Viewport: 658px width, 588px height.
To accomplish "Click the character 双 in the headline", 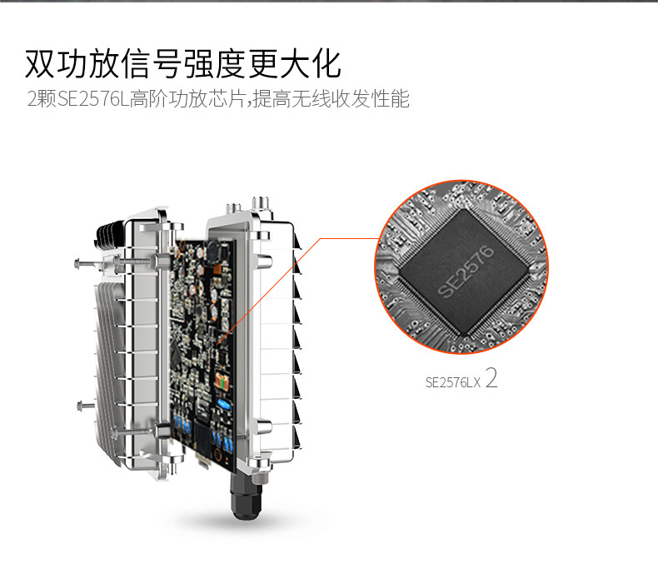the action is click(40, 64).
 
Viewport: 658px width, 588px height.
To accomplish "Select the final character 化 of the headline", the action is click(326, 64).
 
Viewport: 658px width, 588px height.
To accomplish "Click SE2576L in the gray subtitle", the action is click(93, 99).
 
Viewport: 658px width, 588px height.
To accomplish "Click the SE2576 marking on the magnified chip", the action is click(466, 272).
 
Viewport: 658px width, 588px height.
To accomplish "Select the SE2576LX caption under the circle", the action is click(453, 382).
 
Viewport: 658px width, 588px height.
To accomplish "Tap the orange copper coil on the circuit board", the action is click(222, 381).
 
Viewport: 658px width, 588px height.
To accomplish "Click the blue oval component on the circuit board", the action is click(224, 404).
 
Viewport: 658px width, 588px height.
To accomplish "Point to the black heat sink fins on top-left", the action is click(110, 234).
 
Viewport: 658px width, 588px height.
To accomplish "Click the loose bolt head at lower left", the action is click(80, 406).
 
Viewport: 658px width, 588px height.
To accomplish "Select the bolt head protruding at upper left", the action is click(77, 264).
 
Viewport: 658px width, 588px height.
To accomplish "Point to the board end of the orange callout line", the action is click(217, 344).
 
